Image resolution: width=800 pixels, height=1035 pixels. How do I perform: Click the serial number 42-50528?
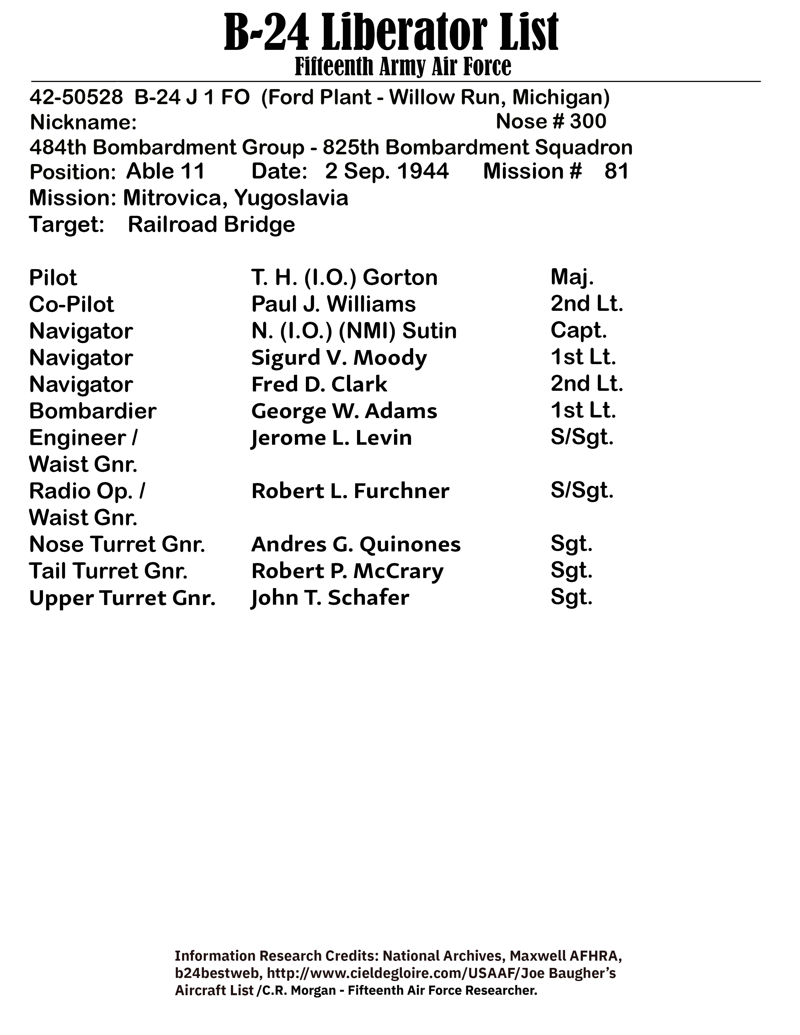coord(76,97)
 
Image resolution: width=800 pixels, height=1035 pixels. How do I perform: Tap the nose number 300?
coord(588,122)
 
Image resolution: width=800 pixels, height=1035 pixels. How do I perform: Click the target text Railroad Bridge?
coord(211,225)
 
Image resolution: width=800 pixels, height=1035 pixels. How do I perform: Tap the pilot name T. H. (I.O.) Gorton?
coord(344,278)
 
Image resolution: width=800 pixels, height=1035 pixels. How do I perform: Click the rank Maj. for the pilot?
coord(572,278)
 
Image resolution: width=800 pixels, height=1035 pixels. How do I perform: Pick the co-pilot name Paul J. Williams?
coord(333,304)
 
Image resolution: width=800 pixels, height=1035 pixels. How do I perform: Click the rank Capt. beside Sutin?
coord(578,331)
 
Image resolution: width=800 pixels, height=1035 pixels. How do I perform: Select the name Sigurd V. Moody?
coord(339,358)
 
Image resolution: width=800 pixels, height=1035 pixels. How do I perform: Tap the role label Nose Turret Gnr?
coord(117,544)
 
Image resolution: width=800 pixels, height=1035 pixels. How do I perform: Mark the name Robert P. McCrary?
coord(347,571)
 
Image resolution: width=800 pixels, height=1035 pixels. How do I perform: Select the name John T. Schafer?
coord(330,597)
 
